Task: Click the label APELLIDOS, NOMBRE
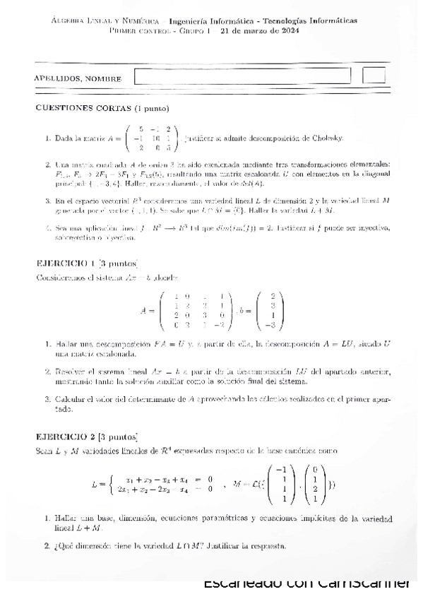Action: click(78, 78)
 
